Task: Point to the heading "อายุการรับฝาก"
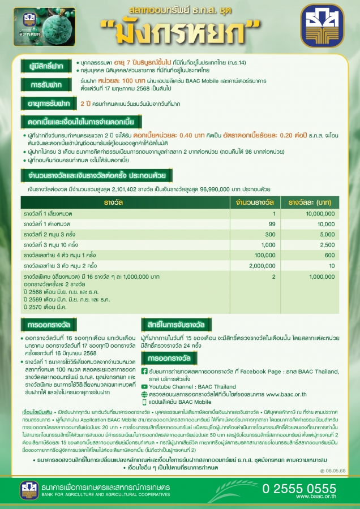[x=48, y=104]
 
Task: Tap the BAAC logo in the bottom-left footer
[x=29, y=490]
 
